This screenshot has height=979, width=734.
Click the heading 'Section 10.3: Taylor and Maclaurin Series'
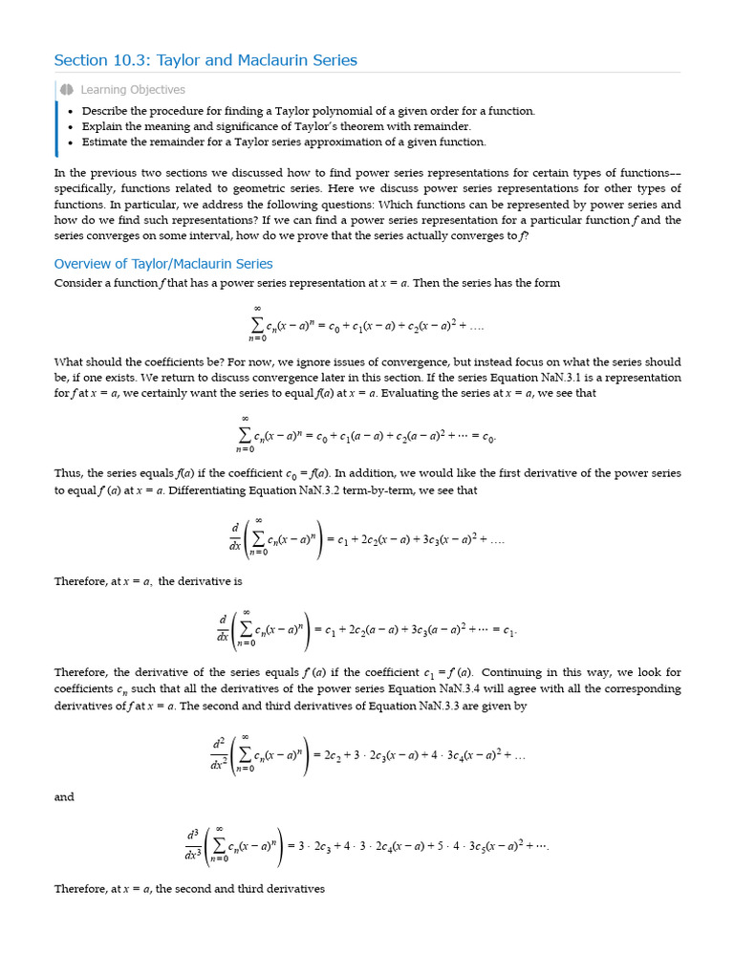(205, 60)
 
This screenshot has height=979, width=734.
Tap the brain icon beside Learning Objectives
(66, 90)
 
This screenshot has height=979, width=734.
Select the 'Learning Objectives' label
(133, 90)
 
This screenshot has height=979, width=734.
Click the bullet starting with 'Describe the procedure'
(308, 111)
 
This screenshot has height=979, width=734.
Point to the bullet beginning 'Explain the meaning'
(276, 126)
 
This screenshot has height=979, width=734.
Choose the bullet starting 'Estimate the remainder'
(284, 141)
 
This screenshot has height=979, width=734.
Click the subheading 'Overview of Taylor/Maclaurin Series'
(163, 264)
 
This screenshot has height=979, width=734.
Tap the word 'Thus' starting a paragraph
(68, 474)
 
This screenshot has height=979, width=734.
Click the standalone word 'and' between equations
(64, 797)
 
